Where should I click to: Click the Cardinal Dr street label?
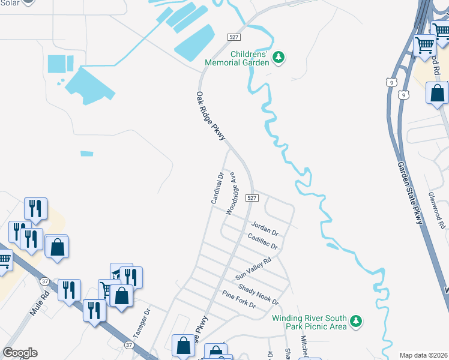point(217,188)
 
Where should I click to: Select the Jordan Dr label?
point(265,228)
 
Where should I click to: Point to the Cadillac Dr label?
point(262,242)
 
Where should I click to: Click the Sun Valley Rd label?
point(253,269)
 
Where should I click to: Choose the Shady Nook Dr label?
point(258,293)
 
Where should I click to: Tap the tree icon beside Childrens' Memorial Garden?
point(278,57)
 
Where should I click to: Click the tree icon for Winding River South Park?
point(356,322)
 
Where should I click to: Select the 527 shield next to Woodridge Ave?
point(252,197)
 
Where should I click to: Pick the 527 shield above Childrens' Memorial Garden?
point(235,37)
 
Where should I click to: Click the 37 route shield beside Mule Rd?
point(45,281)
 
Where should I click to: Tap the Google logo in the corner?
point(20,353)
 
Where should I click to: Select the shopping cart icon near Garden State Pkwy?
point(425,44)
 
